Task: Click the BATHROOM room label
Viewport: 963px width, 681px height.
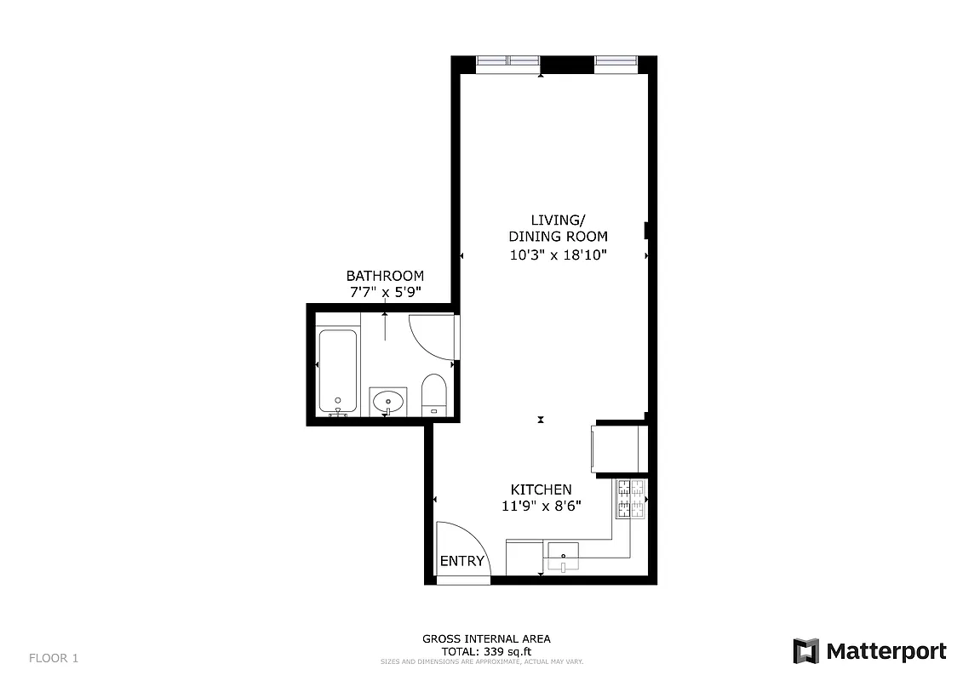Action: pos(385,276)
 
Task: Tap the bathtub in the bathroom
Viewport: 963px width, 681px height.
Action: pos(338,372)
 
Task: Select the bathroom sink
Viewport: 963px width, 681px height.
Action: pos(389,401)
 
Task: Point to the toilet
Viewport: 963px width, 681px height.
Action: pos(434,395)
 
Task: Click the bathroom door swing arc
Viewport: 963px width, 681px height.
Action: pos(430,336)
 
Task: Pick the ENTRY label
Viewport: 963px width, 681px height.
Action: pos(462,561)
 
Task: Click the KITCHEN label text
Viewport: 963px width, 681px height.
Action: pos(541,489)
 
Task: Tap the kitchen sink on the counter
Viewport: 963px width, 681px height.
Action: pos(562,557)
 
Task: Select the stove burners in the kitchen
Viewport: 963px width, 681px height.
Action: pos(631,499)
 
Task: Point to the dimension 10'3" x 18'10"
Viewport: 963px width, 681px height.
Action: pos(558,255)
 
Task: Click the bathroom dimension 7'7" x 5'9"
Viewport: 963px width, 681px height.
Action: pos(385,292)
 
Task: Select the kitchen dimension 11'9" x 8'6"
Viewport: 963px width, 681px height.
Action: pos(541,506)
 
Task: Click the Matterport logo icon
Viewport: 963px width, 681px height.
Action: pos(805,651)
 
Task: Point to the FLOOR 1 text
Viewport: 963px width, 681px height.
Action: pos(54,657)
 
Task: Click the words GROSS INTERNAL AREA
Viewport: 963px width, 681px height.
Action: pos(487,638)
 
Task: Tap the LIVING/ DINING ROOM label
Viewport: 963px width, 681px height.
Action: pos(558,229)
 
